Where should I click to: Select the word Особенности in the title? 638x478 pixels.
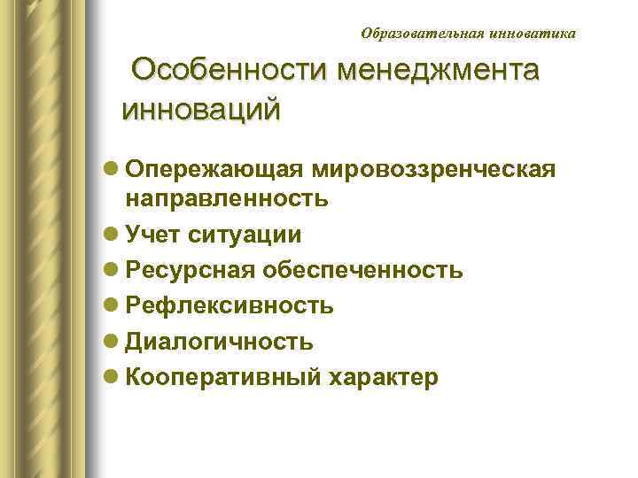(x=227, y=70)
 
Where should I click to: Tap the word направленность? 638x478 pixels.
(x=227, y=198)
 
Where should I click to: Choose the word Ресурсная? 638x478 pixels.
(x=190, y=270)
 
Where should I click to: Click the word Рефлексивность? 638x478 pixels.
(x=230, y=306)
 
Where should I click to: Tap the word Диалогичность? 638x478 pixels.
(x=219, y=342)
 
